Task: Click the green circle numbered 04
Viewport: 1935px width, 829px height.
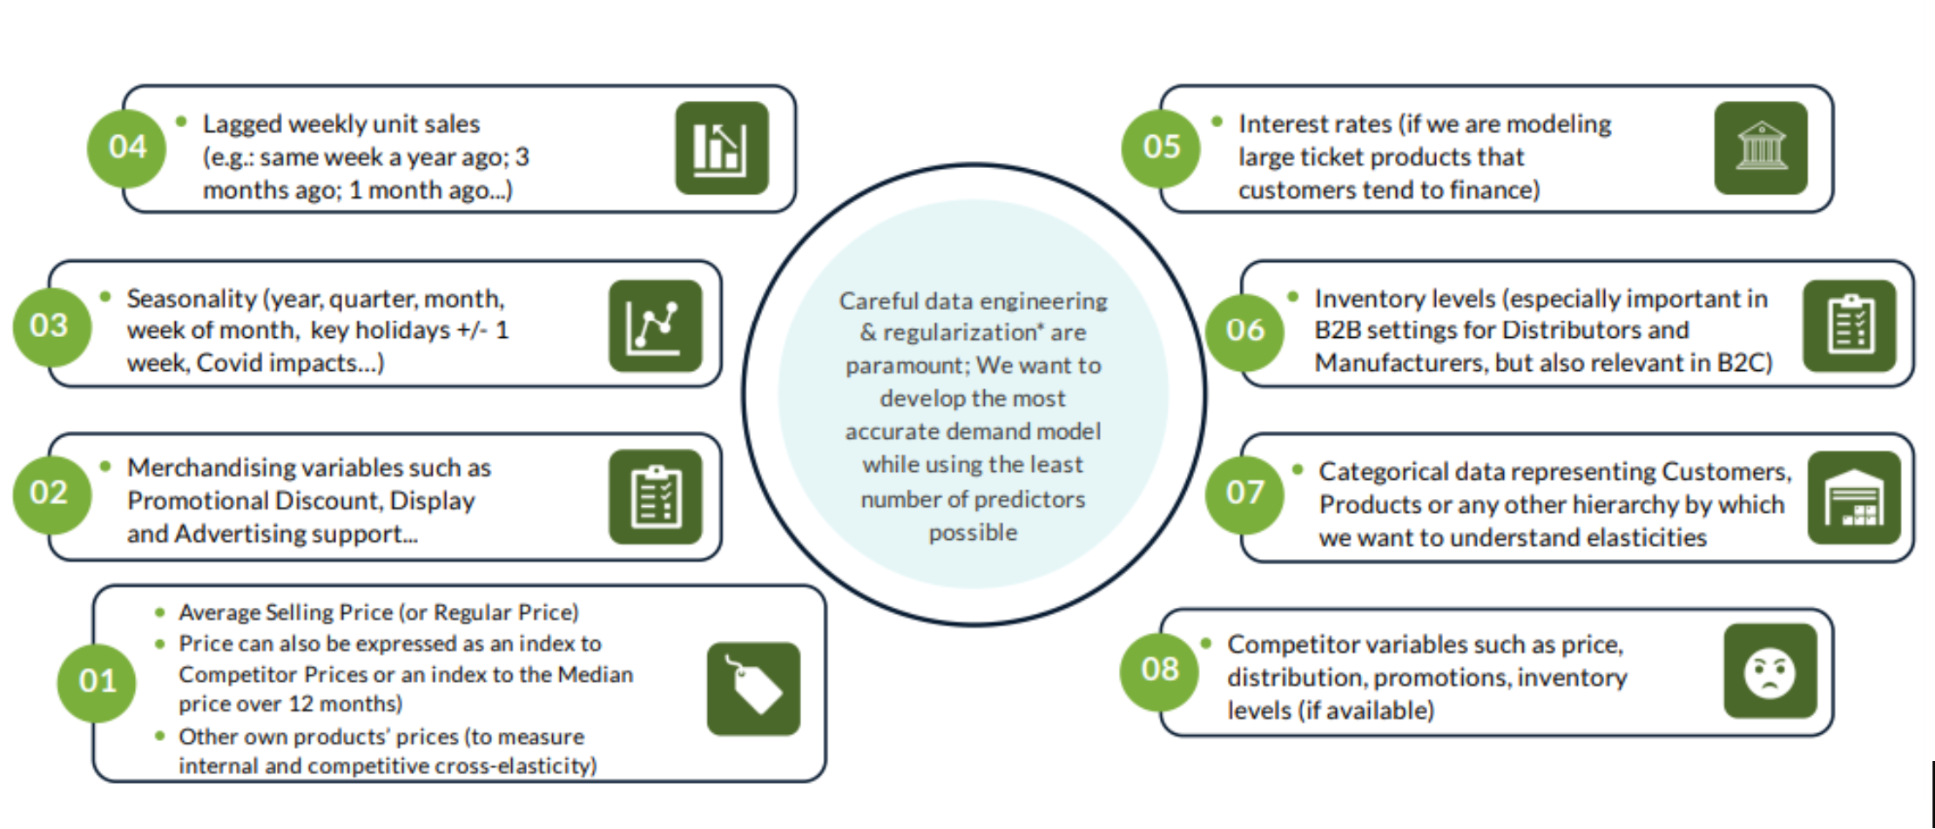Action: pyautogui.click(x=126, y=147)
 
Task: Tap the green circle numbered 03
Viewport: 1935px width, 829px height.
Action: pyautogui.click(x=51, y=326)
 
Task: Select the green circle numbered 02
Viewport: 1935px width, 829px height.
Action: pyautogui.click(x=51, y=493)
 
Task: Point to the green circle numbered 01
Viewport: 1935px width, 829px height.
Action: pyautogui.click(x=96, y=681)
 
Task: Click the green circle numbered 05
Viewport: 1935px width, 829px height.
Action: pyautogui.click(x=1160, y=147)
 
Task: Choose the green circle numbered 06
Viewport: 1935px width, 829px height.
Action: pyautogui.click(x=1244, y=330)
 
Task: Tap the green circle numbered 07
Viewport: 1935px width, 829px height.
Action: pyautogui.click(x=1244, y=493)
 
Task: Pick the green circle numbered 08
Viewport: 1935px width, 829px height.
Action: pyautogui.click(x=1159, y=670)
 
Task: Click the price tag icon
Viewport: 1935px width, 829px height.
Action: pyautogui.click(x=753, y=688)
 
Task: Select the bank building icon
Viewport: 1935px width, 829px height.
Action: pyautogui.click(x=1760, y=147)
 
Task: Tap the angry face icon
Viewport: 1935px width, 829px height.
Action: pyautogui.click(x=1770, y=671)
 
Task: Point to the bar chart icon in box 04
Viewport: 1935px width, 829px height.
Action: pyautogui.click(x=721, y=147)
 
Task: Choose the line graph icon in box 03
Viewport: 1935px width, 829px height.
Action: pyautogui.click(x=655, y=326)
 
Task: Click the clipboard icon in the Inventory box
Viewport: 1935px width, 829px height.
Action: pyautogui.click(x=1849, y=326)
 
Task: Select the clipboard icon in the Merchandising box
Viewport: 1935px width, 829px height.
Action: pyautogui.click(x=655, y=496)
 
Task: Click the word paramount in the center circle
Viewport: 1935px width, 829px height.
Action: pyautogui.click(x=902, y=366)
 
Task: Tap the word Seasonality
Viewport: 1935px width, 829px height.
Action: pyautogui.click(x=192, y=299)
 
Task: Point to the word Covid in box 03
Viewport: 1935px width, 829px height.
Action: pyautogui.click(x=225, y=363)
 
